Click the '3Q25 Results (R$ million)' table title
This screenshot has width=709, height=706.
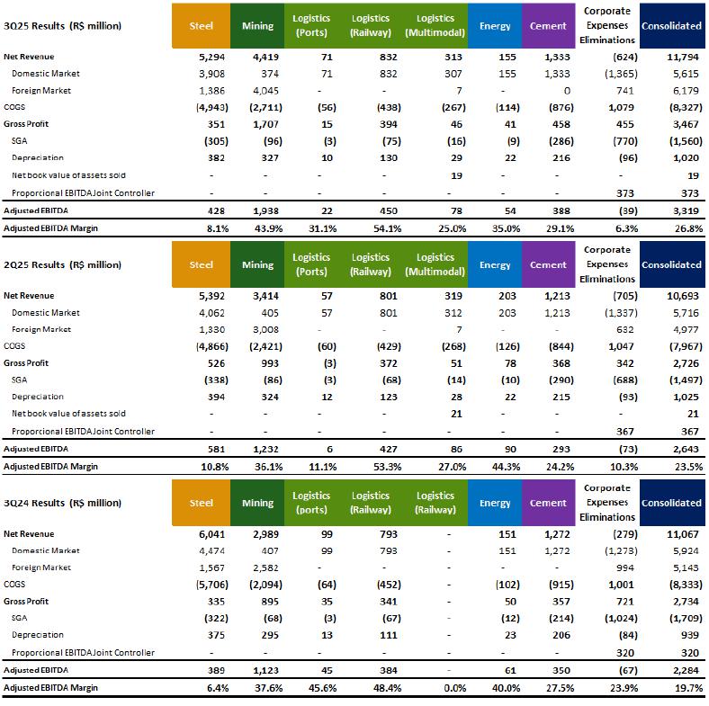pos(63,26)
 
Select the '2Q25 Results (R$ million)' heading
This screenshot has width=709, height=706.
pos(63,265)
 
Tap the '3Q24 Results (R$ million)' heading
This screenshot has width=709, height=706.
pos(63,504)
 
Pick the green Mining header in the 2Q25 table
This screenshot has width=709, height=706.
pos(257,265)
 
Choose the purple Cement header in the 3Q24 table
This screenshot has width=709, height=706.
pos(548,504)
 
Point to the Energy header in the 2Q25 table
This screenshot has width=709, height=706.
pos(495,265)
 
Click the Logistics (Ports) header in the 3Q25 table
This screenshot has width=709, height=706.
pos(311,26)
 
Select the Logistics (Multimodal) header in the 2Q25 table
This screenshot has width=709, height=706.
pos(435,264)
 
